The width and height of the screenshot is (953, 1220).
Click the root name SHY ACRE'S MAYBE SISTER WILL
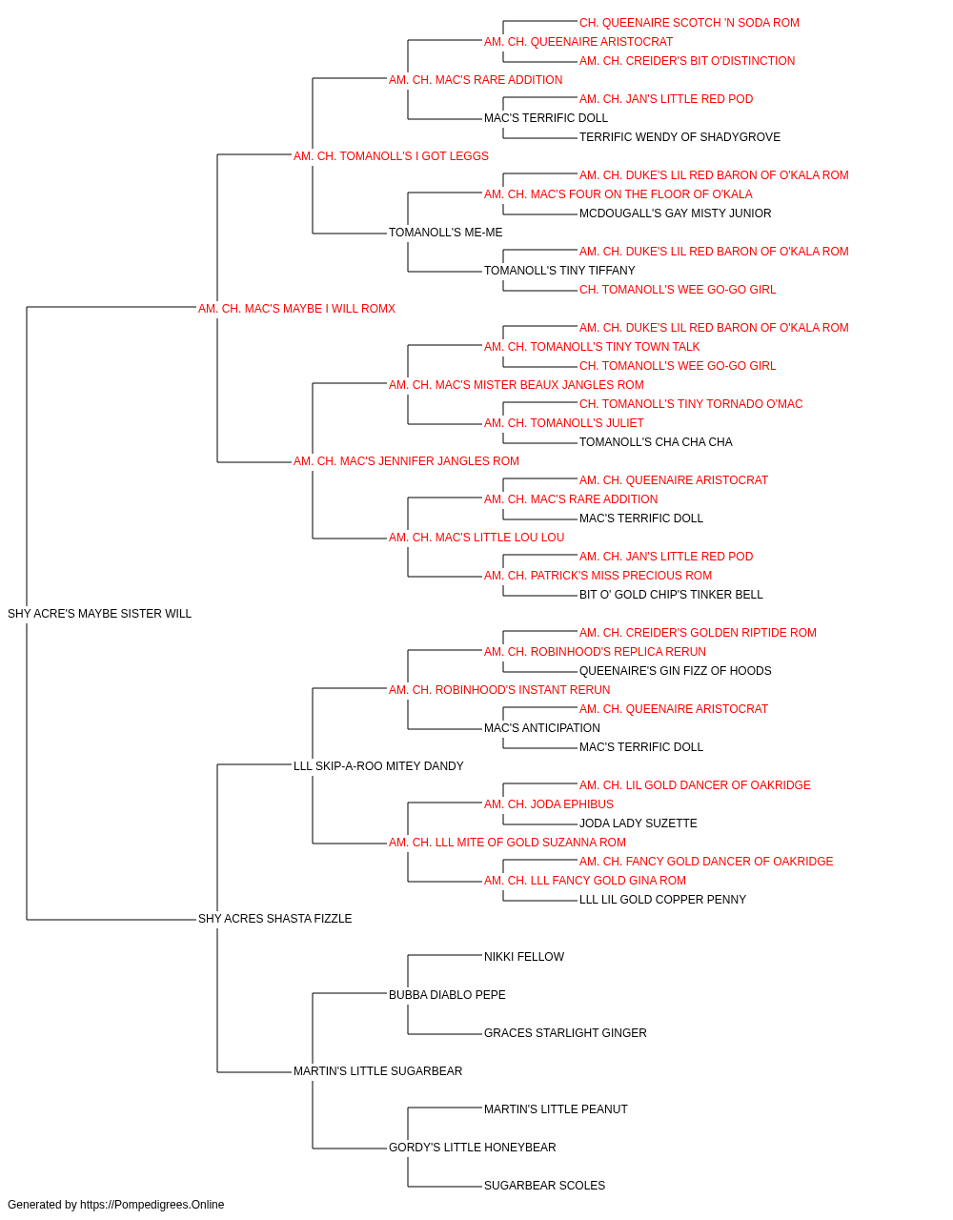99,613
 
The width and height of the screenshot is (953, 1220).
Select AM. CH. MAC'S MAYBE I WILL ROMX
296,308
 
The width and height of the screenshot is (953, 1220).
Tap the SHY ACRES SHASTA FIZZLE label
274,918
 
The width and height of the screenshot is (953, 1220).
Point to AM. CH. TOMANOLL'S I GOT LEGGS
391,156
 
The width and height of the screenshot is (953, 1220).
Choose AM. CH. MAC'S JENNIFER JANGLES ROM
406,461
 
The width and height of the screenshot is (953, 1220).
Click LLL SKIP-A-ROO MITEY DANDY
378,765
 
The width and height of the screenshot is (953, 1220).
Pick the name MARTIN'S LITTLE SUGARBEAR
377,1070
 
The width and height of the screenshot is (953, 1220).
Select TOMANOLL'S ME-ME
445,233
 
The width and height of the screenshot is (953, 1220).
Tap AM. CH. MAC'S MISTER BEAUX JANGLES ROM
516,384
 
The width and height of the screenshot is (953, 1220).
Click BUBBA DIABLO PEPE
447,994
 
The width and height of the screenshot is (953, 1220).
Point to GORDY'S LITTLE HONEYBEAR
472,1147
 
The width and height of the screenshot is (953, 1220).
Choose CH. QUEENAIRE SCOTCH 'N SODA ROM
689,23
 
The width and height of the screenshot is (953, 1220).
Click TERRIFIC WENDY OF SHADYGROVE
679,137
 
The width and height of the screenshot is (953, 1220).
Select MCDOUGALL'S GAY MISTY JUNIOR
675,213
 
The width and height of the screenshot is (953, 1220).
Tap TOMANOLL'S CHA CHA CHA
656,442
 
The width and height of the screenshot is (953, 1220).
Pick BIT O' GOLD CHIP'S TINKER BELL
671,594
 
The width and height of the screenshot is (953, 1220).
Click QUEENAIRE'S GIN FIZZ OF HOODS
675,670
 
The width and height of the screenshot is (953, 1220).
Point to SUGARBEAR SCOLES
544,1185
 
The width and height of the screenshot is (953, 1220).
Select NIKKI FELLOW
523,956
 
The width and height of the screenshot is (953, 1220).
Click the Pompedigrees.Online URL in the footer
152,1205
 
